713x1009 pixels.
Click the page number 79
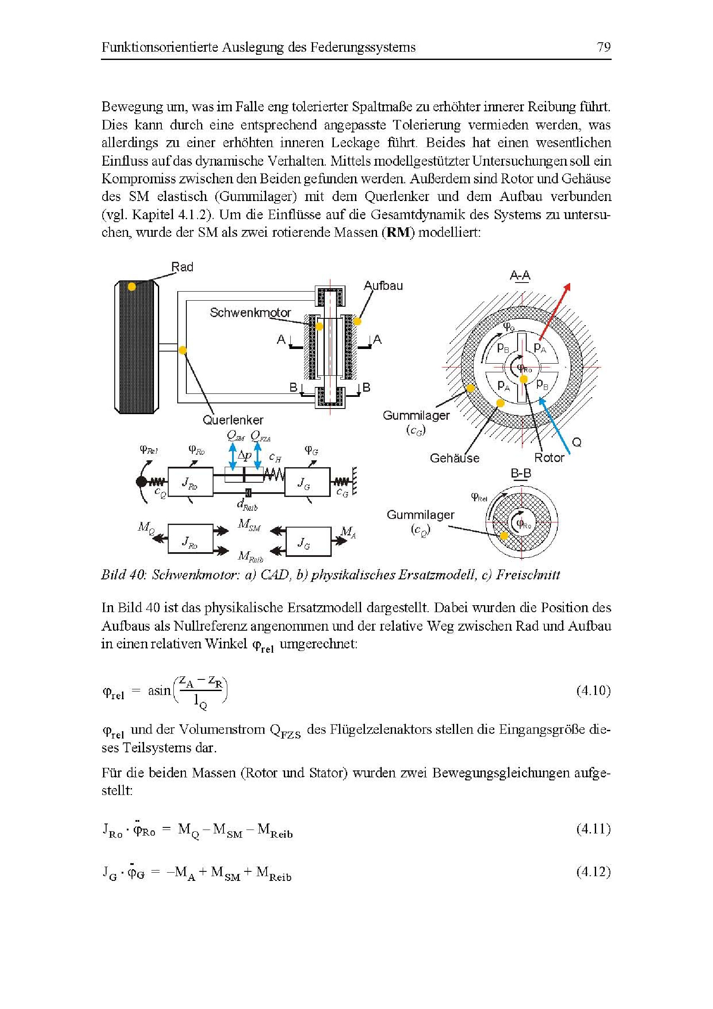coord(603,47)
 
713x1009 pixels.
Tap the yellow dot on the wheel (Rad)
coord(132,287)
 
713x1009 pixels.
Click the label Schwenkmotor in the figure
coord(250,312)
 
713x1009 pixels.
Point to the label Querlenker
coord(233,420)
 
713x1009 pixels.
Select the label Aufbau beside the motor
coord(383,286)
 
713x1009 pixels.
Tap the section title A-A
coord(520,276)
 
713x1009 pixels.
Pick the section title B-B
coord(521,473)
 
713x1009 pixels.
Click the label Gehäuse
coord(454,458)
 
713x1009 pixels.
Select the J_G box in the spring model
coord(307,483)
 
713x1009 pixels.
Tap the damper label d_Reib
coord(247,506)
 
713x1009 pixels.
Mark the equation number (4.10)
coord(593,690)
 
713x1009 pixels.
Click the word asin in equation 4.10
coord(159,691)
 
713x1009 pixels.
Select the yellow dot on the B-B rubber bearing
coord(504,536)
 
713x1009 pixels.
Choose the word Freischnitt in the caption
coord(528,575)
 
